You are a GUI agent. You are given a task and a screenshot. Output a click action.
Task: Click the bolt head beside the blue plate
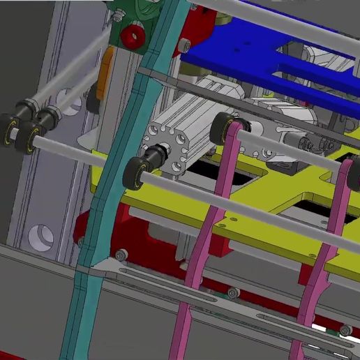pyautogui.click(x=185, y=45)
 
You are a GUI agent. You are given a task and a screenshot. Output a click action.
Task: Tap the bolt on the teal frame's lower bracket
pyautogui.click(x=121, y=255)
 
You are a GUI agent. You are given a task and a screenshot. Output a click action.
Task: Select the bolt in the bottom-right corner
pyautogui.click(x=345, y=330)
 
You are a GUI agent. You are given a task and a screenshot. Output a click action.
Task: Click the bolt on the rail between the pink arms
pyautogui.click(x=230, y=291)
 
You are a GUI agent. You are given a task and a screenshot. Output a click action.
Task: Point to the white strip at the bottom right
pyautogui.click(x=335, y=328)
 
